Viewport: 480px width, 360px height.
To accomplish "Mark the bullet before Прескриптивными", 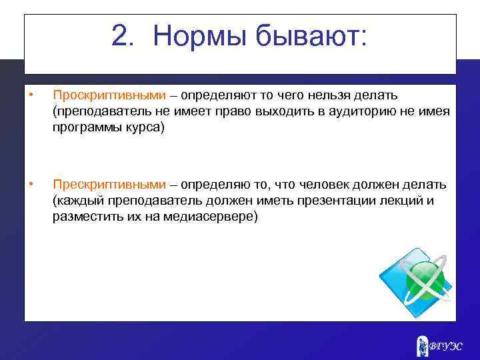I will pyautogui.click(x=31, y=184).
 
